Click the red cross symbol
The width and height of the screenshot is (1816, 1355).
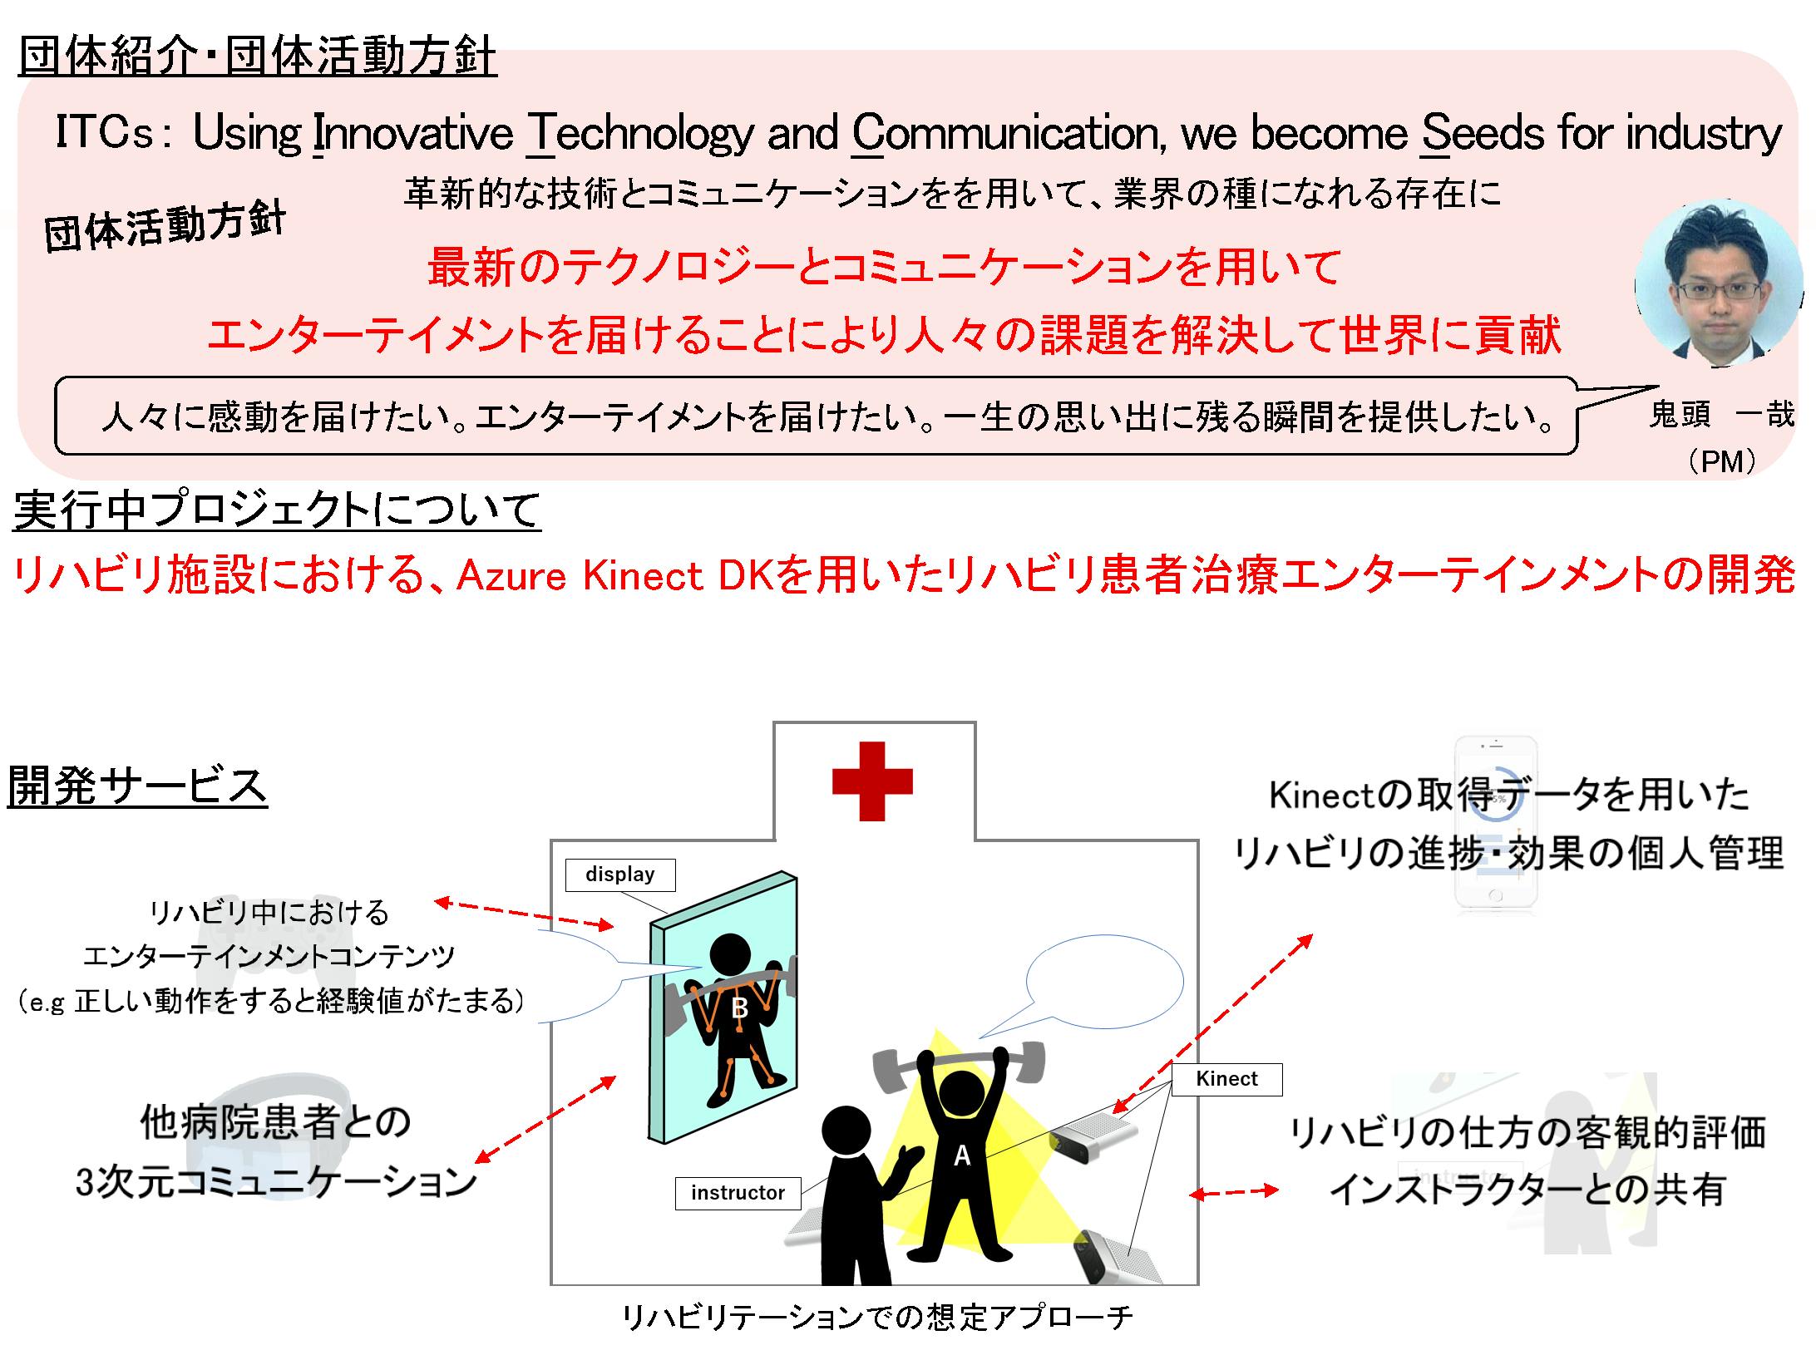click(872, 781)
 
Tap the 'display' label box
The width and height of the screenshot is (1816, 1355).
click(619, 875)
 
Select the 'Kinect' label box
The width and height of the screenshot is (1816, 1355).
click(1226, 1079)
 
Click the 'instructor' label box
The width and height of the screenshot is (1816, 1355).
click(738, 1193)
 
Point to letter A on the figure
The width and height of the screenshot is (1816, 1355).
click(961, 1155)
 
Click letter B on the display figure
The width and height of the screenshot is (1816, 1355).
click(739, 1008)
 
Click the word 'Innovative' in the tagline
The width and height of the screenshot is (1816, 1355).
click(412, 133)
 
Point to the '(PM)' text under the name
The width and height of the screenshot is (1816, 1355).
click(1723, 461)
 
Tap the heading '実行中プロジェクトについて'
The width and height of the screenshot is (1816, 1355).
click(277, 510)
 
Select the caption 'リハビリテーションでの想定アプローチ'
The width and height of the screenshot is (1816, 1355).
click(877, 1317)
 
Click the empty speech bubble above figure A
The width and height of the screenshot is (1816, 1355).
click(1104, 981)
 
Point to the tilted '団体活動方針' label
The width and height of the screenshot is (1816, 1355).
click(165, 225)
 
